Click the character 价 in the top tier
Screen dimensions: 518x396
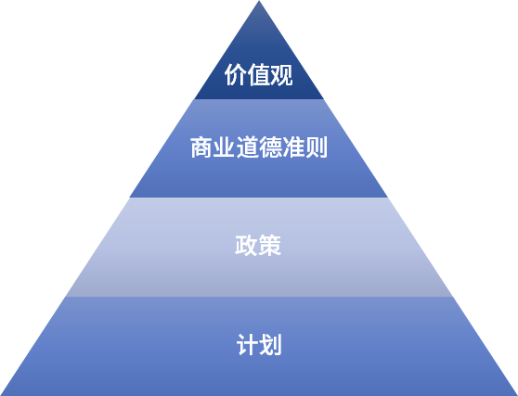(x=236, y=74)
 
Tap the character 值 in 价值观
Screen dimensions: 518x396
(x=259, y=74)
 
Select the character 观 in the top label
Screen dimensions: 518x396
(x=281, y=74)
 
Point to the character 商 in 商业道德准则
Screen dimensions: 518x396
(x=201, y=147)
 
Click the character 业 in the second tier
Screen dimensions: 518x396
(x=225, y=147)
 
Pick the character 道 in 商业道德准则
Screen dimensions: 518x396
(x=247, y=147)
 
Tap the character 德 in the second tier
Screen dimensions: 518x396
(x=270, y=147)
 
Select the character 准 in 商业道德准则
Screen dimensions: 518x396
(x=293, y=147)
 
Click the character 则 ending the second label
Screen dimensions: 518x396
(x=317, y=147)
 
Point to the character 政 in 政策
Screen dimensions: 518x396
(x=246, y=245)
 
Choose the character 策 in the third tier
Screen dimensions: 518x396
(x=269, y=245)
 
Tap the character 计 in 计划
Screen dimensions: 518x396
(x=248, y=344)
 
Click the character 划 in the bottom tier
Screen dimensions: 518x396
(x=270, y=344)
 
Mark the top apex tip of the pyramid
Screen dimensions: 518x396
(x=259, y=1)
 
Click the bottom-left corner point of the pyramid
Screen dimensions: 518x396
(x=0, y=395)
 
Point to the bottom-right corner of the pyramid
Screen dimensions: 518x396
(x=517, y=395)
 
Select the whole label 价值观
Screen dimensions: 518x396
(x=259, y=74)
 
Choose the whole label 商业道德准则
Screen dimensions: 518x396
(x=259, y=147)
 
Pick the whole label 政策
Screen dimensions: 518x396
(x=258, y=245)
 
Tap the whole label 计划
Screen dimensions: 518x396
(x=259, y=344)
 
